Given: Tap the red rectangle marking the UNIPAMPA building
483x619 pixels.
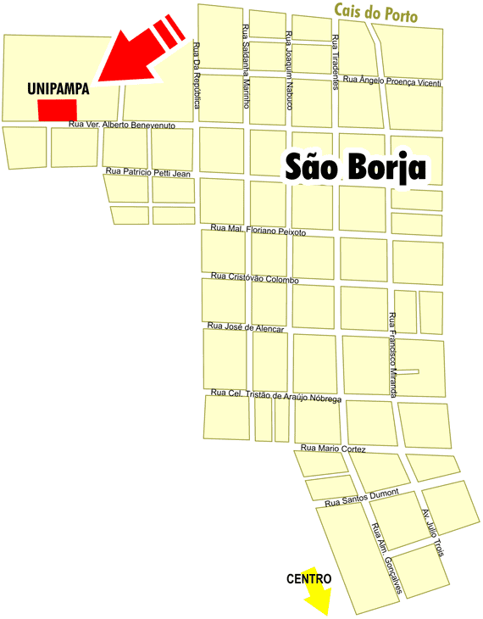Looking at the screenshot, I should tap(57, 110).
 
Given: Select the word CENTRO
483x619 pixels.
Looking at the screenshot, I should tap(308, 579).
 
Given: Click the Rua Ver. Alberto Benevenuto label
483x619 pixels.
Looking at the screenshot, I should tap(122, 125).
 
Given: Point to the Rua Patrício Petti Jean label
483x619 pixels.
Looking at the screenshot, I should tap(148, 172).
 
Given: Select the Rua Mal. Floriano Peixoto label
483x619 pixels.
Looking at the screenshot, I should tap(258, 230).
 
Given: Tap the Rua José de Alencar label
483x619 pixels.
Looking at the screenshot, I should tap(247, 327).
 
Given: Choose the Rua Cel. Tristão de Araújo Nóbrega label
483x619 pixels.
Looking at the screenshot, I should tap(275, 395).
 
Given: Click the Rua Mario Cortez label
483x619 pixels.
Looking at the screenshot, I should tap(334, 448).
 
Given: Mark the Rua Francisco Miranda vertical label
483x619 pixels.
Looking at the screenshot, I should tap(392, 355).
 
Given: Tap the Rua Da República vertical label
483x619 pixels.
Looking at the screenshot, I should tap(197, 75).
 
